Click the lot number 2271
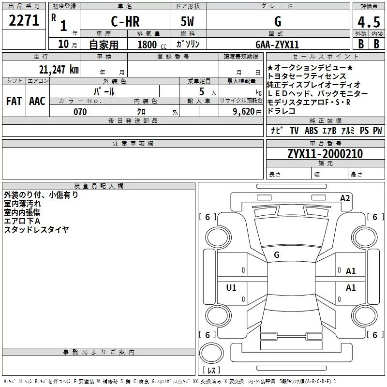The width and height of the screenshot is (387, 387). (24, 20)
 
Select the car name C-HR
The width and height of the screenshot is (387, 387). (125, 21)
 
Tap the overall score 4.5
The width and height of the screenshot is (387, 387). (368, 21)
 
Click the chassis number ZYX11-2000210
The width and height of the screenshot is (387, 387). (325, 154)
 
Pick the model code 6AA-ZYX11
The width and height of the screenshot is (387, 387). (278, 44)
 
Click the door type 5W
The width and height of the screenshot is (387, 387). (189, 21)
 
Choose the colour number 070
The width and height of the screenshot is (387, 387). (80, 112)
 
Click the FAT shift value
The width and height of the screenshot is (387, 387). (14, 101)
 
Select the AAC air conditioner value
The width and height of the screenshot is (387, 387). (37, 101)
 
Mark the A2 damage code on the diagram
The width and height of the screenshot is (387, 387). (345, 198)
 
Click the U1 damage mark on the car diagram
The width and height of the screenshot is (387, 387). (231, 288)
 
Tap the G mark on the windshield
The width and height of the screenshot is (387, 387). (277, 254)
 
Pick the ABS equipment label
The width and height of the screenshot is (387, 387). (311, 131)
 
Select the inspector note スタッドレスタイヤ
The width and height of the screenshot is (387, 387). (36, 230)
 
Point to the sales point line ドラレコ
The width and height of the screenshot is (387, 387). (281, 111)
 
